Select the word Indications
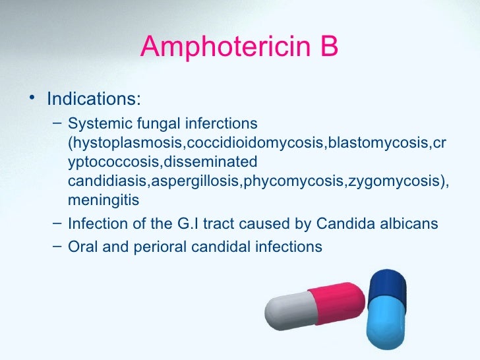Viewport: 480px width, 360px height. point(93,100)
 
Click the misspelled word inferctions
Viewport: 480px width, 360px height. point(221,124)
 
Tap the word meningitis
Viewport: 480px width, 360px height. point(104,200)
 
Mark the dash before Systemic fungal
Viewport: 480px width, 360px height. point(58,122)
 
